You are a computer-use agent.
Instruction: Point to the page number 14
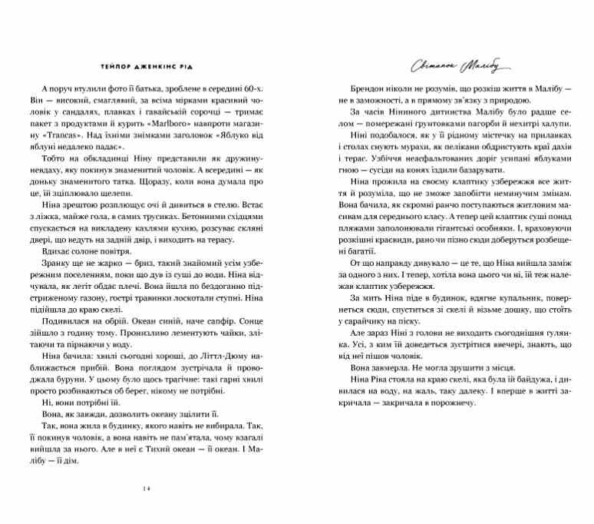(x=147, y=489)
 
